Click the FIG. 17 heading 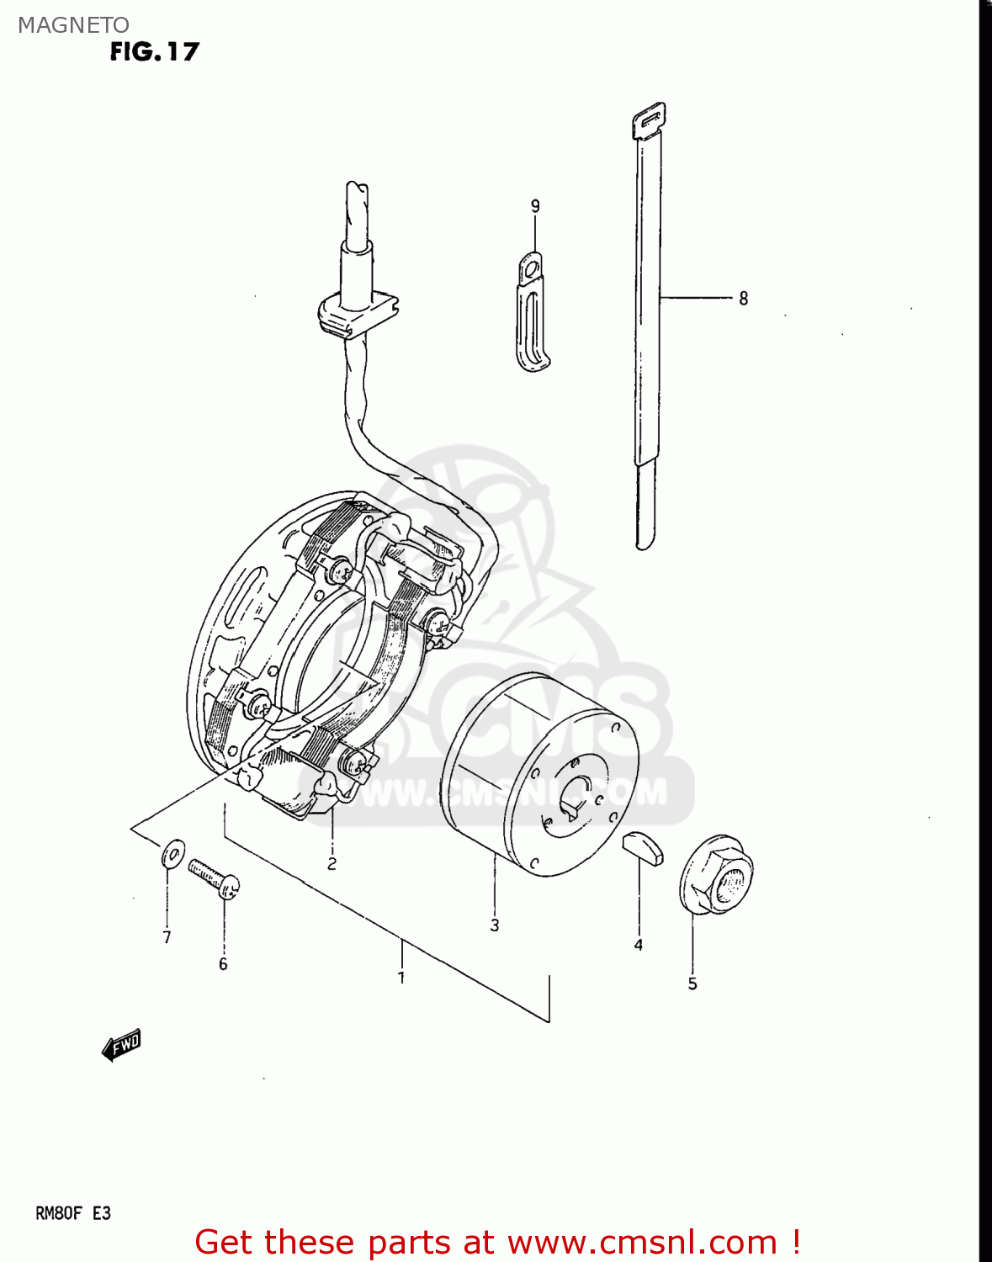[155, 52]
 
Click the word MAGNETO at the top [73, 25]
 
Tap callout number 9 [535, 206]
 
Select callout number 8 [743, 298]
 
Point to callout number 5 [692, 984]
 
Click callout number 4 [639, 945]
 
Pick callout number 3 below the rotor [495, 925]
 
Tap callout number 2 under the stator [332, 863]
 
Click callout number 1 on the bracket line [402, 978]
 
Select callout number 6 [223, 964]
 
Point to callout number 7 [167, 937]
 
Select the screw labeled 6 [215, 878]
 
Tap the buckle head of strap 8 [649, 120]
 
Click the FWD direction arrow [122, 1045]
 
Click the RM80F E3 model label [73, 1213]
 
